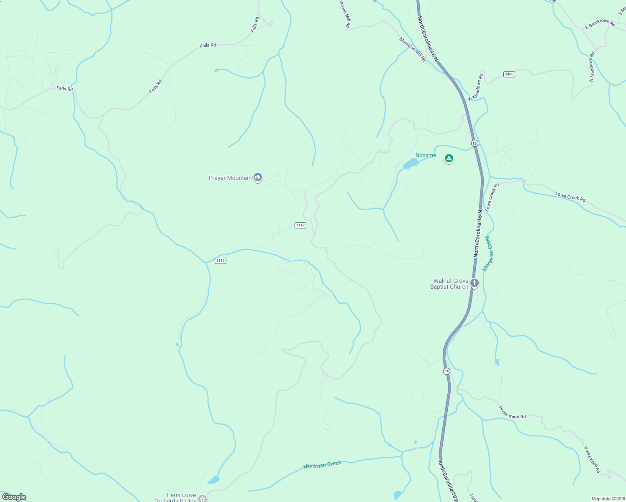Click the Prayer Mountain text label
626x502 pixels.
pyautogui.click(x=230, y=178)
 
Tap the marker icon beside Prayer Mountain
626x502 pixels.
pyautogui.click(x=258, y=178)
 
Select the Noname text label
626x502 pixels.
pyautogui.click(x=426, y=156)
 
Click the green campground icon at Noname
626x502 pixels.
pyautogui.click(x=449, y=159)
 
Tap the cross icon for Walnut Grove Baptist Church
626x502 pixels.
pyautogui.click(x=474, y=283)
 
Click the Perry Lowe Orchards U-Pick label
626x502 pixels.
pyautogui.click(x=175, y=497)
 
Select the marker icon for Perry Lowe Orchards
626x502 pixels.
pyautogui.click(x=203, y=498)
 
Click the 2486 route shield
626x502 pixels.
pyautogui.click(x=509, y=74)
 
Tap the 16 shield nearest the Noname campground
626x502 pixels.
pyautogui.click(x=474, y=143)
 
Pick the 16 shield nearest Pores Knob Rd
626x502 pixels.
pyautogui.click(x=447, y=371)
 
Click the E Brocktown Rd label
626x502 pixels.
pyautogui.click(x=600, y=24)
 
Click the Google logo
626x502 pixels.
pyautogui.click(x=14, y=497)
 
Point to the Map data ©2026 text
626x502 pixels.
pyautogui.click(x=608, y=499)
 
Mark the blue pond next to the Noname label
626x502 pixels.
pyautogui.click(x=410, y=164)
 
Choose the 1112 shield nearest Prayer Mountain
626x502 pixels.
pyautogui.click(x=300, y=225)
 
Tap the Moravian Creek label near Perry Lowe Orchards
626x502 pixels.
pyautogui.click(x=322, y=465)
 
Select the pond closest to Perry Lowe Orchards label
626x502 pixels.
pyautogui.click(x=213, y=480)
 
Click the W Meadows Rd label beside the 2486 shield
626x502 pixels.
pyautogui.click(x=476, y=87)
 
